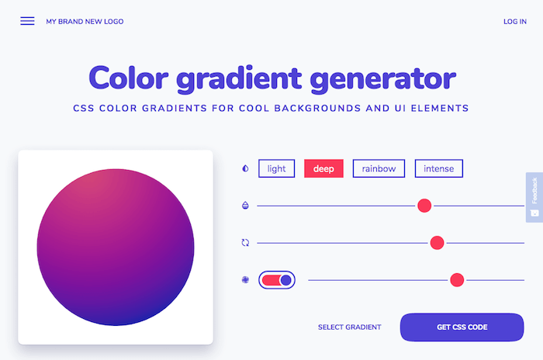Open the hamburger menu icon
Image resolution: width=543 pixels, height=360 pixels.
[x=27, y=21]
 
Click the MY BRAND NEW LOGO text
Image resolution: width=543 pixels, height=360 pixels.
[x=85, y=22]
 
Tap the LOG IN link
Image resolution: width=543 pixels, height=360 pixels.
[x=514, y=22]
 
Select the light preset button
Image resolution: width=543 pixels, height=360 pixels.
[x=276, y=168]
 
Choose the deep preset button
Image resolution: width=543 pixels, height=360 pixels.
[x=323, y=168]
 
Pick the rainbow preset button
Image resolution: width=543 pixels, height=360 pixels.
[x=379, y=168]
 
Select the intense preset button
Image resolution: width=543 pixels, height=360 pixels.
[x=439, y=168]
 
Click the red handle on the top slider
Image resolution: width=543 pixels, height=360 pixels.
[x=424, y=206]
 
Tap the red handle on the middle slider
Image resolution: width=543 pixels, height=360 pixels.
[x=437, y=243]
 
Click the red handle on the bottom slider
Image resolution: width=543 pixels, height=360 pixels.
[x=457, y=280]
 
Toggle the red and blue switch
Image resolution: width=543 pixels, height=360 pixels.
[x=277, y=280]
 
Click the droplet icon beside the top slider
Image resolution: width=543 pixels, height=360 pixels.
[x=245, y=206]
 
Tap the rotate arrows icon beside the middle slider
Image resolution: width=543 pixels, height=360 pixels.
[x=245, y=243]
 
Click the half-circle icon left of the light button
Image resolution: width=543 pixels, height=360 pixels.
[x=245, y=168]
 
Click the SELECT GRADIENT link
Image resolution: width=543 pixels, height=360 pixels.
[x=349, y=327]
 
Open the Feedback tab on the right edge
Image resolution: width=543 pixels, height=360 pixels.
[x=534, y=196]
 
